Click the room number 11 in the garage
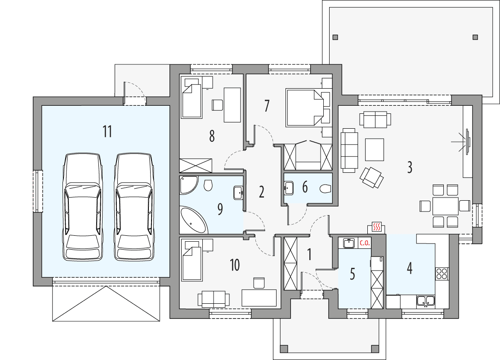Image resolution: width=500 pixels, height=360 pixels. pos(107,132)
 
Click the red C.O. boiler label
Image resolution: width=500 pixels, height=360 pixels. pos(364,243)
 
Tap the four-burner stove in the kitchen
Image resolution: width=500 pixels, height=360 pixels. pos(442,273)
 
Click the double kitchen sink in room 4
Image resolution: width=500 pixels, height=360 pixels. pos(425,301)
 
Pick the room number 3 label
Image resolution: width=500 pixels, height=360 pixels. pos(410,167)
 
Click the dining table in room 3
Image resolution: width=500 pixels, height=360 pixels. pos(445,206)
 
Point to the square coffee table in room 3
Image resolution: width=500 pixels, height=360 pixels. pos(375,149)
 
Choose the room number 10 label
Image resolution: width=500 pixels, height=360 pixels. pos(235,265)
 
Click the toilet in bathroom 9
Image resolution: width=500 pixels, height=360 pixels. pos(208,185)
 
